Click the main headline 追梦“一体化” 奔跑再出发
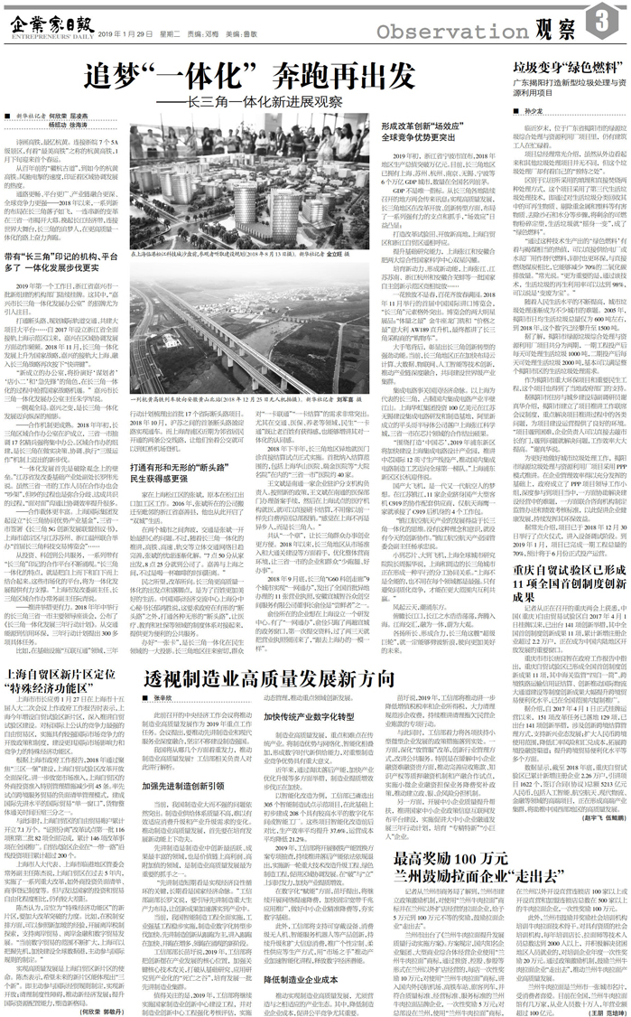pos(248,75)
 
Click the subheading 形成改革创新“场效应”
pos(427,135)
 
